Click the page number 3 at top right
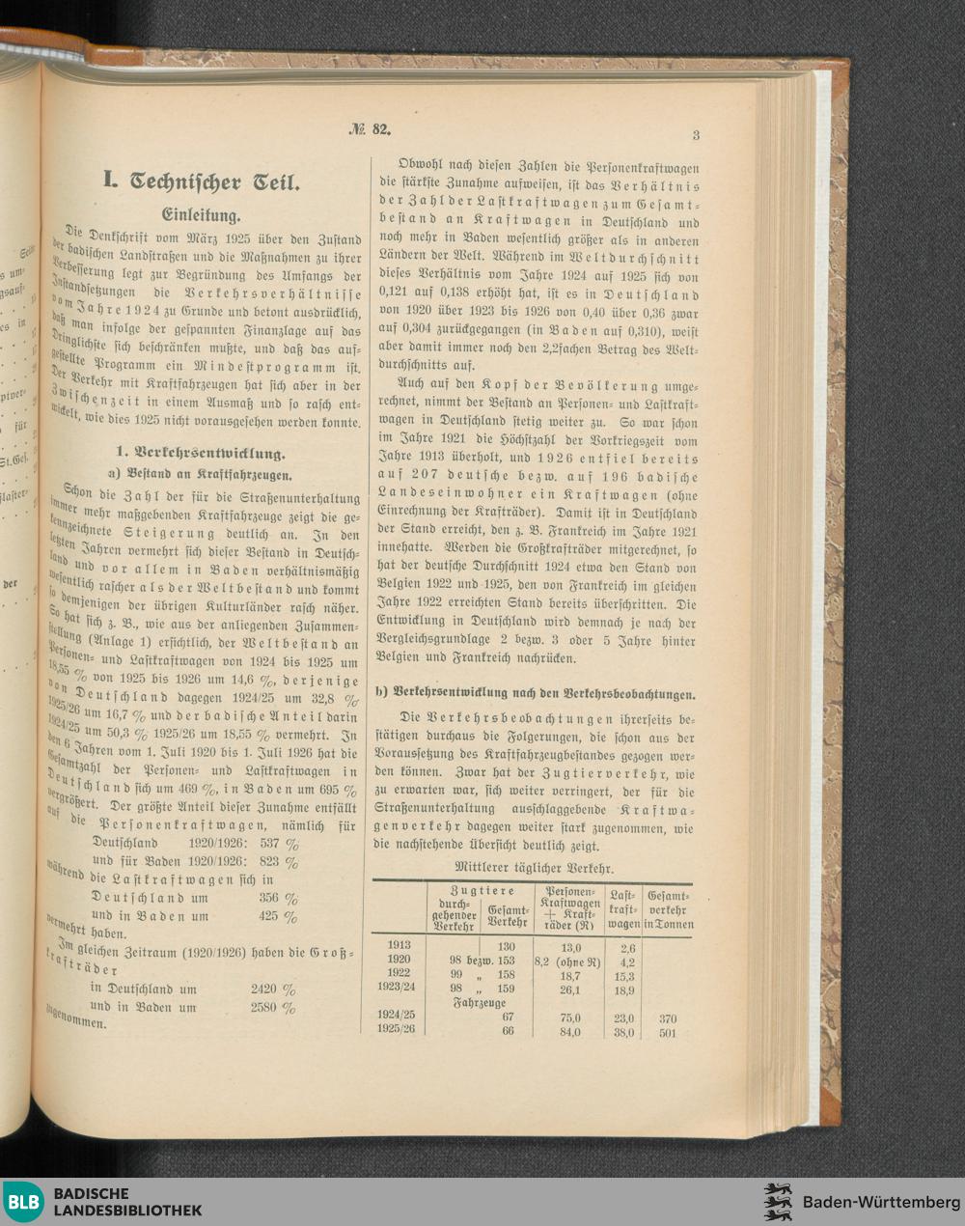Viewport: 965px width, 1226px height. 695,134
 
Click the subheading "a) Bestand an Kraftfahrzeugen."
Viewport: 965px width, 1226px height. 200,475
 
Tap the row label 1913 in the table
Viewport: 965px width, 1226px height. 399,946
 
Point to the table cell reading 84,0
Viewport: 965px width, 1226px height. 569,1032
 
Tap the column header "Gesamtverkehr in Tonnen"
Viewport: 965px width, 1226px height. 670,909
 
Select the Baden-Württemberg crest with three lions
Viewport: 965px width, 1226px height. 777,1202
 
